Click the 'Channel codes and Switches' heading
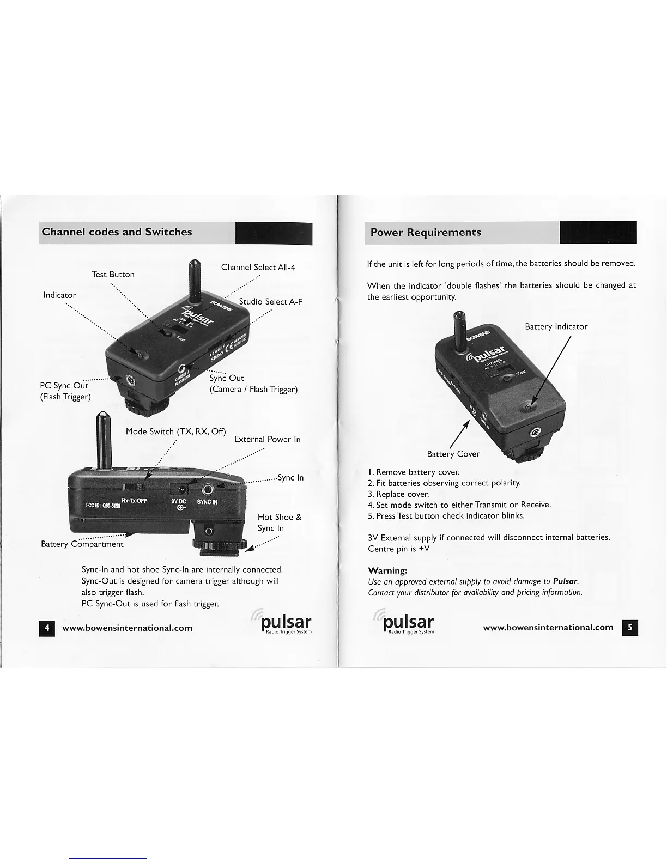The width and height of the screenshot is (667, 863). click(x=117, y=232)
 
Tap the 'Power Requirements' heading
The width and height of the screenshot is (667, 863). click(x=425, y=233)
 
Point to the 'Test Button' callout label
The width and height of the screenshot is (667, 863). click(x=113, y=274)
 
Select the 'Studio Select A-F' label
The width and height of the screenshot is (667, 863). click(x=270, y=302)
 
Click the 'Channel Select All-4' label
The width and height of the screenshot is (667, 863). click(x=258, y=267)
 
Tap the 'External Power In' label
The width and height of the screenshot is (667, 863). click(x=267, y=439)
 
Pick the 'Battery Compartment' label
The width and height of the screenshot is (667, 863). click(x=82, y=544)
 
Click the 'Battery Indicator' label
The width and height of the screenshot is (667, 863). click(x=556, y=326)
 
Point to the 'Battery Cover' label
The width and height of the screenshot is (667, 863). click(x=453, y=454)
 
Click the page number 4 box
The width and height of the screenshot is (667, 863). click(x=47, y=628)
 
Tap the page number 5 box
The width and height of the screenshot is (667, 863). click(x=629, y=627)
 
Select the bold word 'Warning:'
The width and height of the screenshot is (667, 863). click(x=387, y=570)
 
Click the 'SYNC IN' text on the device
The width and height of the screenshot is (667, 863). click(x=207, y=502)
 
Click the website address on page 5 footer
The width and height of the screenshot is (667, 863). click(x=548, y=627)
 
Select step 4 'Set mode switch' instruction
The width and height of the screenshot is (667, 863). click(x=459, y=505)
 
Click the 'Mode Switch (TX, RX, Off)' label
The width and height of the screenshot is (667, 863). click(x=175, y=432)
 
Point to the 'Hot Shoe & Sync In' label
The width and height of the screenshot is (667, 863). click(x=279, y=522)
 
